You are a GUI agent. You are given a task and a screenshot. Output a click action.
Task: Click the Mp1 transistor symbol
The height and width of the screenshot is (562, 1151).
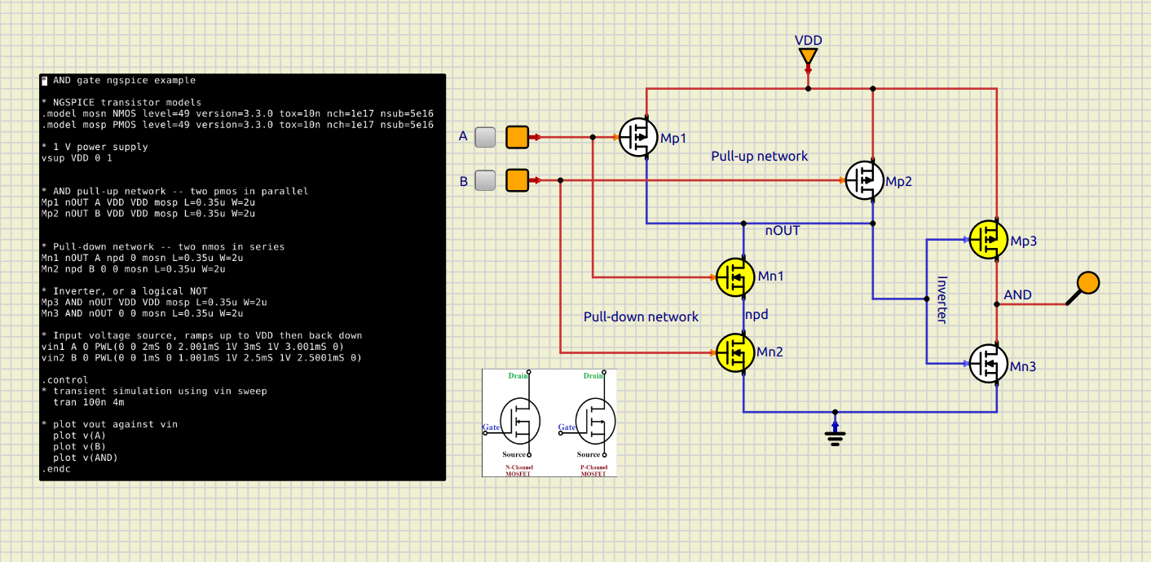638,137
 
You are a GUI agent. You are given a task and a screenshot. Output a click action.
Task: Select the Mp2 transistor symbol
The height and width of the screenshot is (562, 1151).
864,180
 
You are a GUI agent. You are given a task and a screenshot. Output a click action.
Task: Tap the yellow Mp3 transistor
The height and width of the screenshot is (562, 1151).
988,240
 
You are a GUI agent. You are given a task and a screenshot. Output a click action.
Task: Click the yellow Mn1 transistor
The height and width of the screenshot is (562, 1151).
735,277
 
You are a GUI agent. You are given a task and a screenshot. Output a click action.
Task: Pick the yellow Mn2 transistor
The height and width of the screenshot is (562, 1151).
735,352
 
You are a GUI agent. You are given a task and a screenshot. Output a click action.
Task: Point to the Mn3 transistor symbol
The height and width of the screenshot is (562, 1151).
988,364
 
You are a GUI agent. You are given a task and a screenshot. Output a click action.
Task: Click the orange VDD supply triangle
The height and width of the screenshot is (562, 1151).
808,56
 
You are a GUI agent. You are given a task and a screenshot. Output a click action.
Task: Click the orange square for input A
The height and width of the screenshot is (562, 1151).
517,137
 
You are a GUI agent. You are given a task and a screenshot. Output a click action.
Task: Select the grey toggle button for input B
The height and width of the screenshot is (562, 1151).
485,180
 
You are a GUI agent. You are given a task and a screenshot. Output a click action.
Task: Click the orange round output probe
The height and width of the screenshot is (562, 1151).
1087,283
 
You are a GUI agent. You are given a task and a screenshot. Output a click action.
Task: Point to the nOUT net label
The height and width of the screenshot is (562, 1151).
782,231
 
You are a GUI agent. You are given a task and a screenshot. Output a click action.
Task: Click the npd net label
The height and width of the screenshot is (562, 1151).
756,314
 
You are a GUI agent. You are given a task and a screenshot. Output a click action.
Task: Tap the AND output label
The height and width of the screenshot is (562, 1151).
1017,294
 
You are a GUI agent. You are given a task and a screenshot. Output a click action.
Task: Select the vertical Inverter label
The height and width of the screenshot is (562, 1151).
941,299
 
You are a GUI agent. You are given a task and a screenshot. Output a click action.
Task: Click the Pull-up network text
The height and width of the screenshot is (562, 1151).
759,156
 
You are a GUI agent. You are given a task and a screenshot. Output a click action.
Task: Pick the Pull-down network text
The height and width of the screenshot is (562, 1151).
641,316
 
